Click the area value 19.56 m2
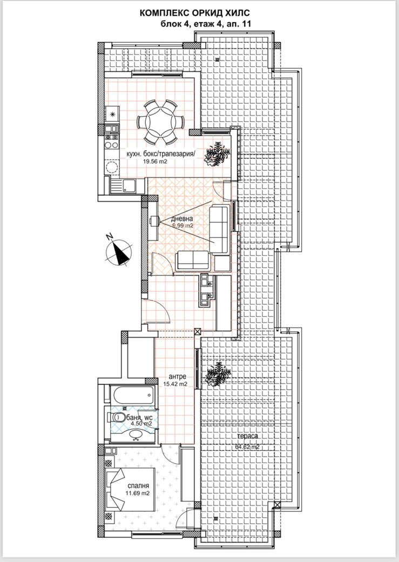[155, 161]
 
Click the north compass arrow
[118, 251]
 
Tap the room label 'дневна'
[182, 219]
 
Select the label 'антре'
[177, 377]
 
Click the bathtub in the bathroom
[132, 394]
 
